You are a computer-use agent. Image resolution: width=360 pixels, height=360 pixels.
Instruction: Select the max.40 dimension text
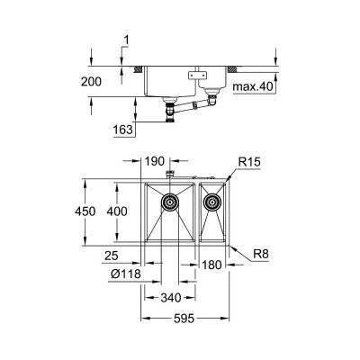(251, 87)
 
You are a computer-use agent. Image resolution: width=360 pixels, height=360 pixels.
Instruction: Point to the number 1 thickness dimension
(128, 40)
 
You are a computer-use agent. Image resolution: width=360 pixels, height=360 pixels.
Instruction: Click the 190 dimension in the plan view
(156, 163)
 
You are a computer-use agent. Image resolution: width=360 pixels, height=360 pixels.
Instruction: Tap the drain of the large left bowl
(168, 203)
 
